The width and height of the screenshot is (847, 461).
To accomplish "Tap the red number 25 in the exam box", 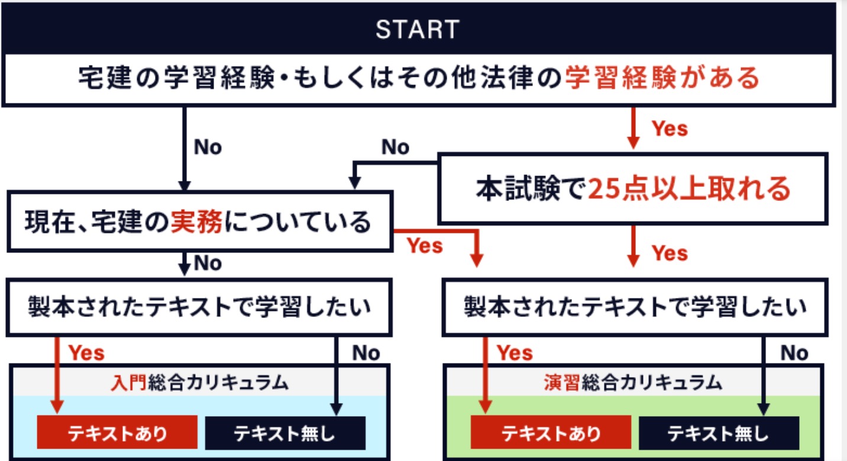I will tap(603, 189).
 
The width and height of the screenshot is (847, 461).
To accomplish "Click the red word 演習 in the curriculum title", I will tap(562, 382).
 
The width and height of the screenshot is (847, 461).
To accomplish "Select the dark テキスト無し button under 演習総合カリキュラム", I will tap(718, 434).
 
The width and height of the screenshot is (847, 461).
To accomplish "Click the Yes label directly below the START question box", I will tap(670, 128).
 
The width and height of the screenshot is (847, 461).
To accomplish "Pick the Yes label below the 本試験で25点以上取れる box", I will tap(670, 254).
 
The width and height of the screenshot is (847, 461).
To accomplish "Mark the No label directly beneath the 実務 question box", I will tap(208, 263).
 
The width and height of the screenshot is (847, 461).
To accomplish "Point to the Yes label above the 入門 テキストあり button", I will tap(87, 353).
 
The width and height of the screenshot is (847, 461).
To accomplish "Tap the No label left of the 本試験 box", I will tap(396, 147).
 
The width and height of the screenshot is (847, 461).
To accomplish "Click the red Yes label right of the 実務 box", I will tap(425, 245).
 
